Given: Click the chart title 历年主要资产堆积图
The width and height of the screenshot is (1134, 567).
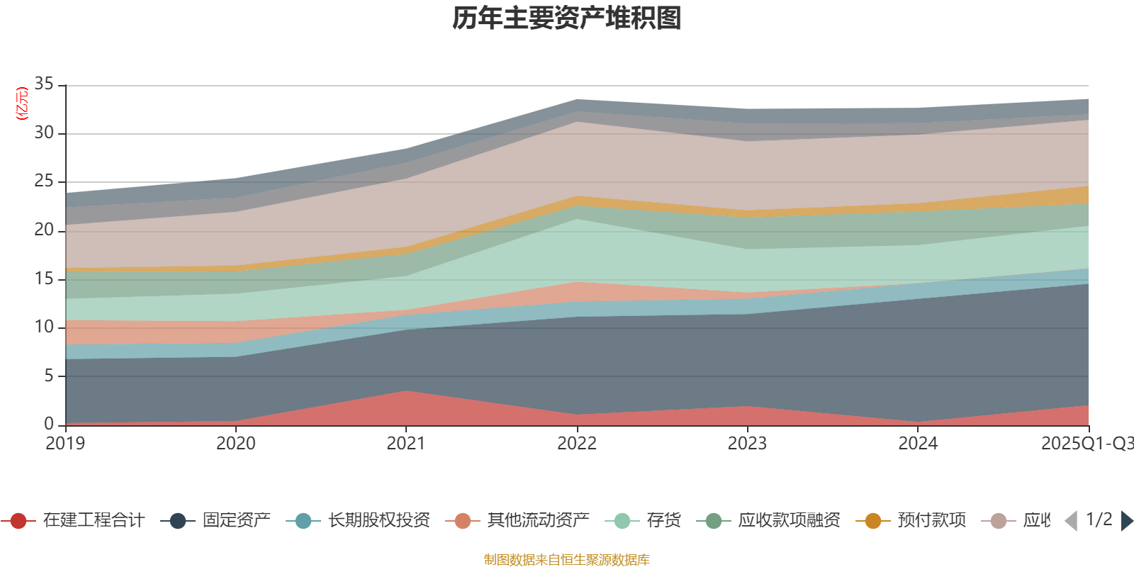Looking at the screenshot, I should click(x=567, y=18).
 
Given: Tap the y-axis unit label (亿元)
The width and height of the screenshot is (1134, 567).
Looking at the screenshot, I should click(x=22, y=103).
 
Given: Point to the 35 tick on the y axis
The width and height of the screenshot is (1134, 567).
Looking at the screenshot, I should click(x=44, y=84).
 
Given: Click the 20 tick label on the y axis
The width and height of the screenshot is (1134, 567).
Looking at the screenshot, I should click(x=44, y=230).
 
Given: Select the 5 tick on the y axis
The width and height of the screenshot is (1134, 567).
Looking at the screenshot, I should click(x=49, y=376).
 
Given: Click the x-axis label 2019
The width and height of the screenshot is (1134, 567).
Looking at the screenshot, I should click(x=65, y=444).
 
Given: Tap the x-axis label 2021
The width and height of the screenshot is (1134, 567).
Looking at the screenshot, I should click(x=405, y=444).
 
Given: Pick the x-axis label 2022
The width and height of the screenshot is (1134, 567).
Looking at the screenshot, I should click(x=576, y=444).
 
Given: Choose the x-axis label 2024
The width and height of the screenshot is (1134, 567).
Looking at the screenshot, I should click(x=918, y=444).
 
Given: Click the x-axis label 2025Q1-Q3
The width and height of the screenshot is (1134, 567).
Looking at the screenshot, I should click(x=1086, y=444).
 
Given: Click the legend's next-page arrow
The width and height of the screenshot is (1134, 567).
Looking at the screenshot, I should click(x=1126, y=521).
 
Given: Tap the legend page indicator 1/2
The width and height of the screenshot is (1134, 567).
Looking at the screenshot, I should click(x=1099, y=520).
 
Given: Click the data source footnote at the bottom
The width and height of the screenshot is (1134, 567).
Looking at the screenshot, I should click(x=567, y=560).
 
